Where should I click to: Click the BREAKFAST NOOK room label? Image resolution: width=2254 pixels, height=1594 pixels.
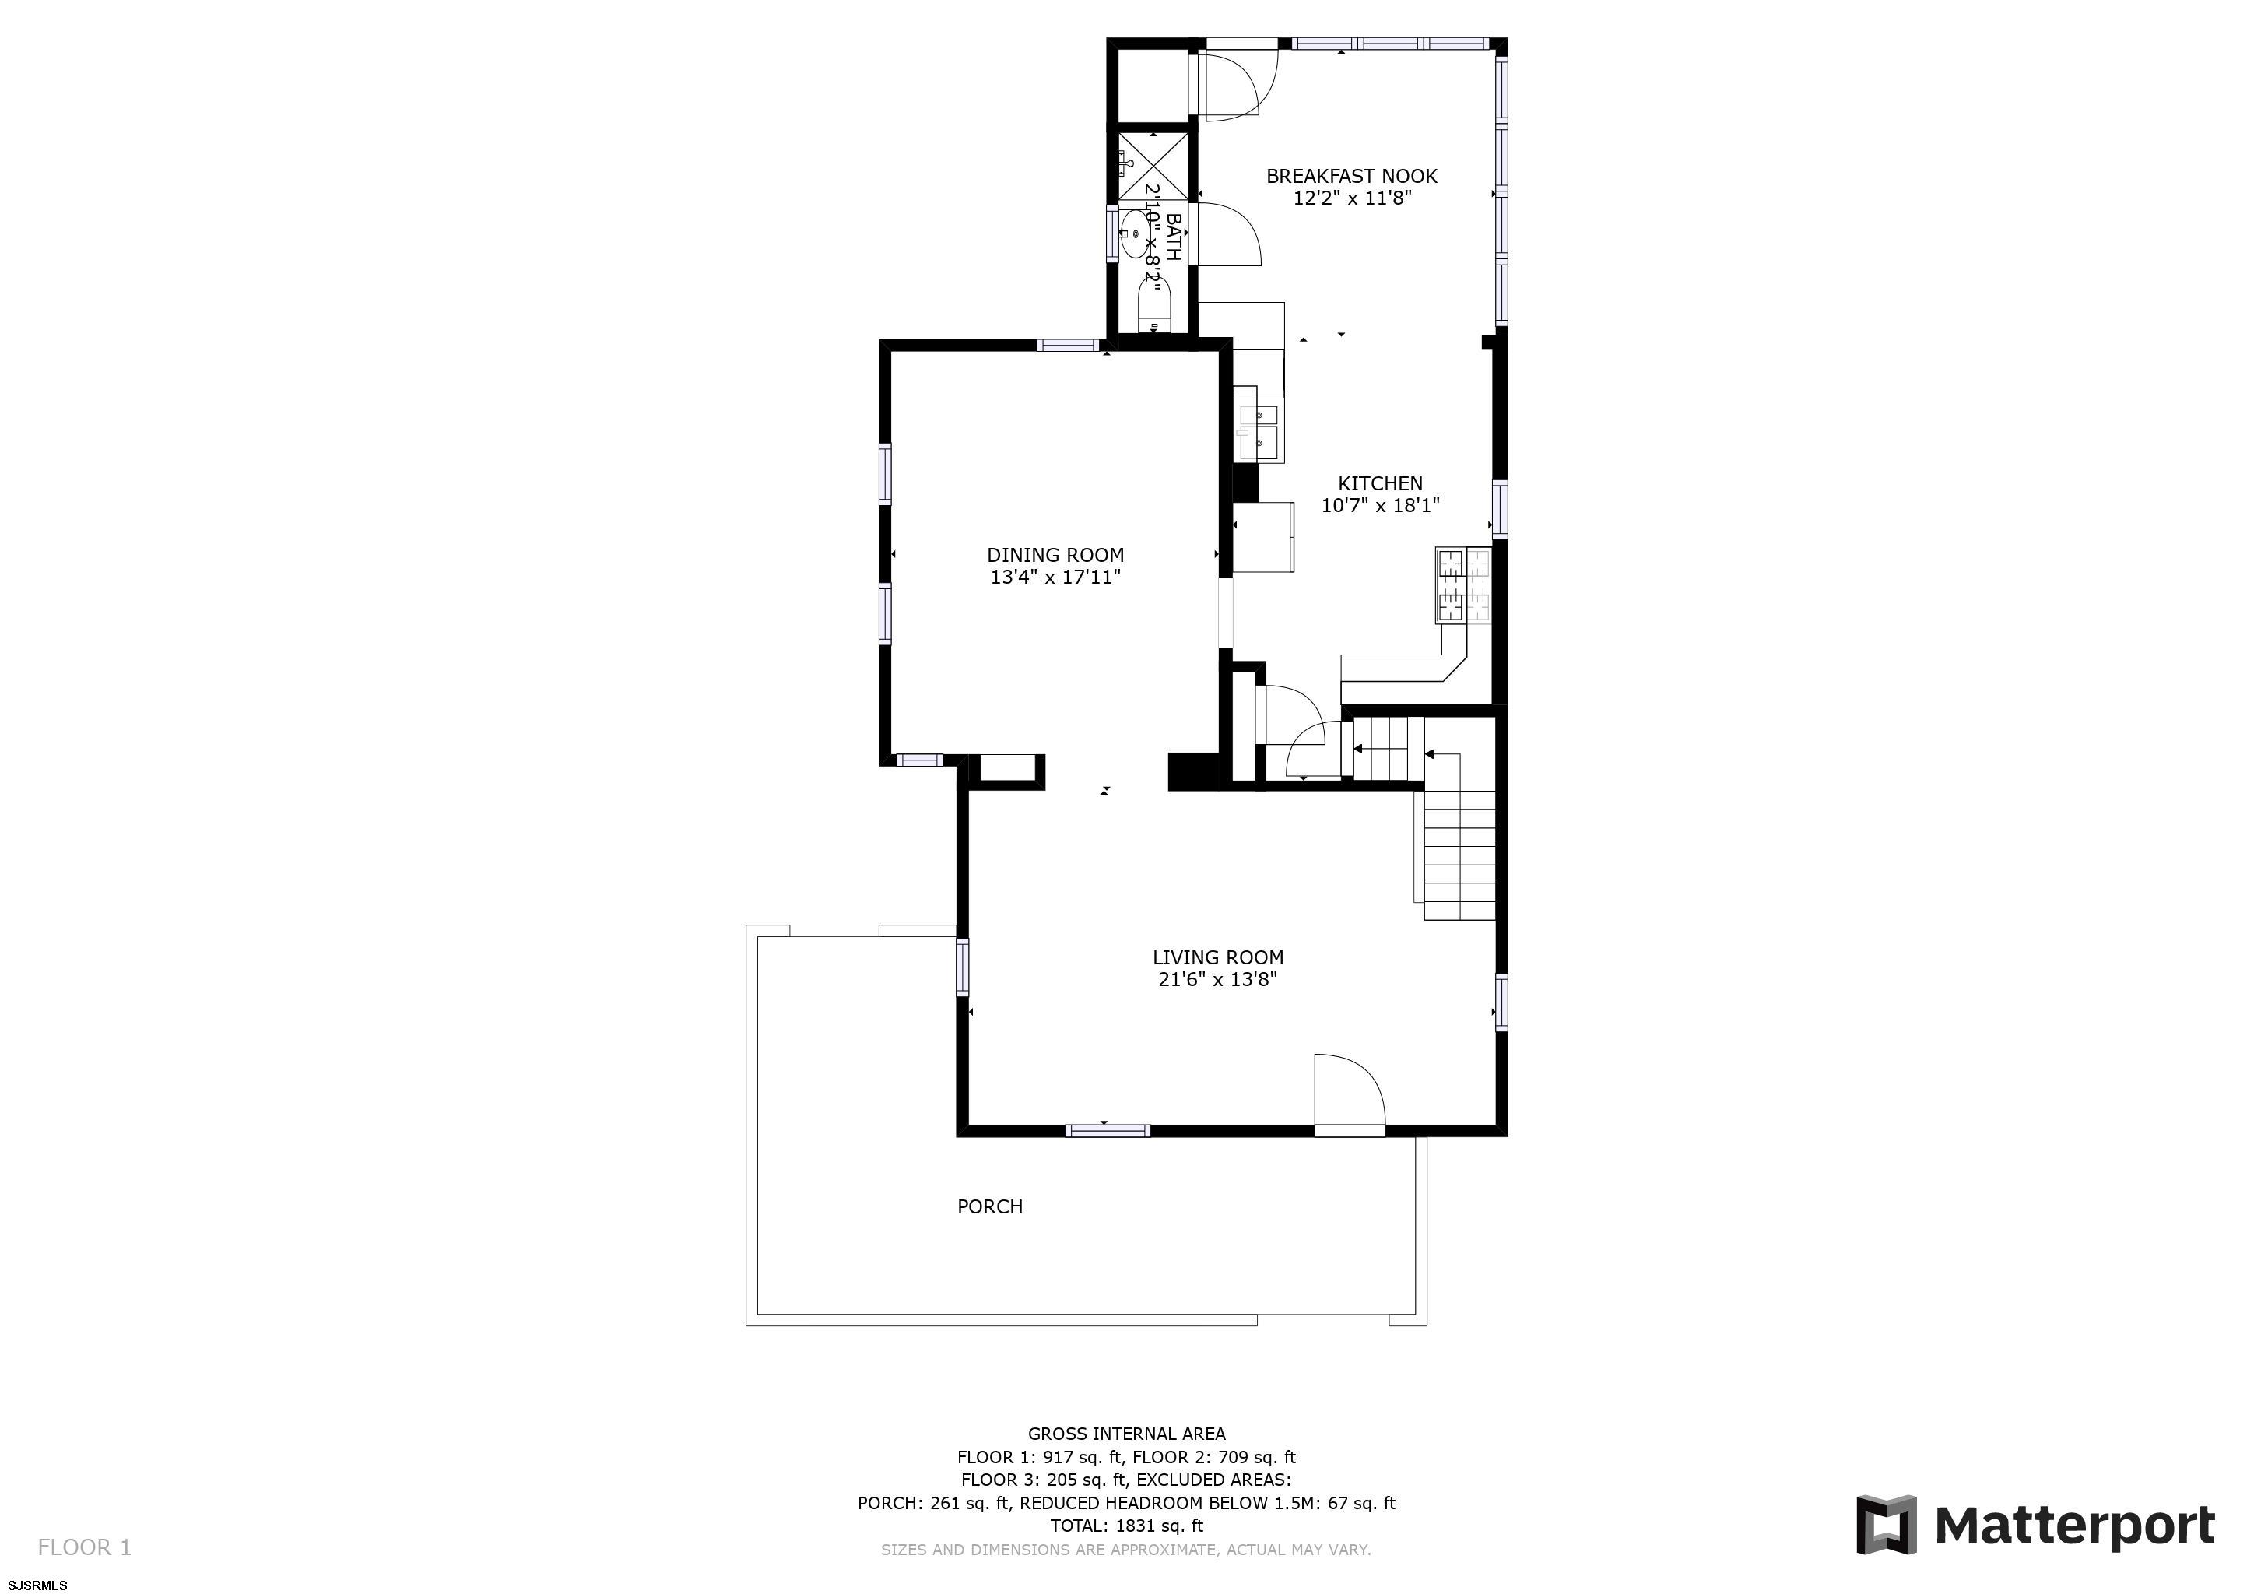[x=1351, y=177]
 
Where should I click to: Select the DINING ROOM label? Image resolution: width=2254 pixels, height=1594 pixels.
[x=1055, y=556]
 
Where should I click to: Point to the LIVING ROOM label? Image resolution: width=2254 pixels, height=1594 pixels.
[x=1217, y=957]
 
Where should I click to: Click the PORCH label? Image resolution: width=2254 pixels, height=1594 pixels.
[x=989, y=1207]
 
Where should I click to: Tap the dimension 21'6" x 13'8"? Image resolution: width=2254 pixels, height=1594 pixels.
[x=1217, y=980]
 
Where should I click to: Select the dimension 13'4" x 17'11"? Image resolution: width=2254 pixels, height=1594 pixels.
[x=1055, y=578]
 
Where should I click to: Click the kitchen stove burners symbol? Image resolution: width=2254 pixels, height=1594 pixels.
[x=1462, y=586]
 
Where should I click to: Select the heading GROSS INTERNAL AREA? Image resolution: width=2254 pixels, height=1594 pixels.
[x=1126, y=1434]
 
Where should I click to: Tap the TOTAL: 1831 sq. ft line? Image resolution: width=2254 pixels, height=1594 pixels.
[x=1126, y=1526]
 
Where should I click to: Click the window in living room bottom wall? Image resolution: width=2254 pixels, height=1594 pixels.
[x=1108, y=1131]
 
